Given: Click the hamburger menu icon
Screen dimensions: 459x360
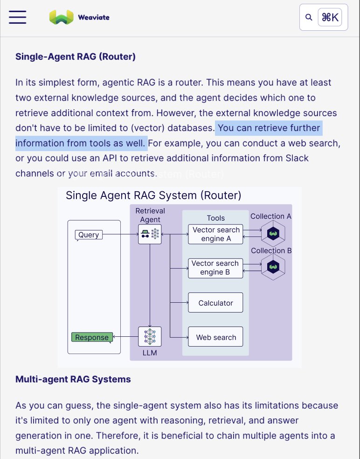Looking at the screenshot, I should [x=17, y=17].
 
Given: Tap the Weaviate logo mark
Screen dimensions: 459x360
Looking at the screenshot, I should [x=61, y=17].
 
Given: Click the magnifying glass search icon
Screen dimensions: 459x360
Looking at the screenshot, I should [x=308, y=17].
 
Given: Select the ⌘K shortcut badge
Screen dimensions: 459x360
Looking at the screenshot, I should [x=330, y=17].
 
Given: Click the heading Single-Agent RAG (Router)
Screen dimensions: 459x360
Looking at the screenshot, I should [x=76, y=57].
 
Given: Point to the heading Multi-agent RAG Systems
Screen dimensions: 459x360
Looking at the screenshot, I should [x=73, y=379].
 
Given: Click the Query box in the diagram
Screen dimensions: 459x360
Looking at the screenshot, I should [x=89, y=235].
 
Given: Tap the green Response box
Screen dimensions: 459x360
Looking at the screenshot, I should [x=92, y=337].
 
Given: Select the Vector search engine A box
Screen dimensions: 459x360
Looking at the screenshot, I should [x=215, y=234].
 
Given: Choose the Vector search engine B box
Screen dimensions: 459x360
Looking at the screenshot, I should [x=215, y=268].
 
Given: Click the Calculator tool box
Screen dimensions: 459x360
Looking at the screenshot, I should [x=215, y=303].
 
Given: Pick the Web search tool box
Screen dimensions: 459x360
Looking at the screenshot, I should [x=215, y=337].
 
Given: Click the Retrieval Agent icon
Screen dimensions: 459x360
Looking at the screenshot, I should [x=150, y=234].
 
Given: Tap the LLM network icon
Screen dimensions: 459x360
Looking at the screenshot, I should [x=150, y=336].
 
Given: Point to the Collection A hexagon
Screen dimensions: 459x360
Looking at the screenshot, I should [x=273, y=233].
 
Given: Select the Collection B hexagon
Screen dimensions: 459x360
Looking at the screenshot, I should [x=273, y=267].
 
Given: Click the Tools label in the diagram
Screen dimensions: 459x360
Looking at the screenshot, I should [x=215, y=218].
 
